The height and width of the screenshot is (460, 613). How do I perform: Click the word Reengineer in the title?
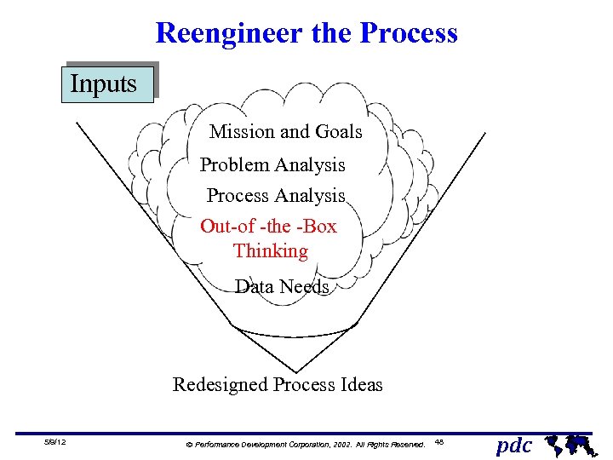pyautogui.click(x=224, y=33)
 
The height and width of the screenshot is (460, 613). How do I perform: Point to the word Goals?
pyautogui.click(x=339, y=132)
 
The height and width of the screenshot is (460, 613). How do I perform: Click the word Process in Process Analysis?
pyautogui.click(x=238, y=196)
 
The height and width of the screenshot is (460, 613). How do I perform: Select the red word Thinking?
pyautogui.click(x=270, y=251)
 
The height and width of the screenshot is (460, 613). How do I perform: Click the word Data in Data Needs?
pyautogui.click(x=254, y=287)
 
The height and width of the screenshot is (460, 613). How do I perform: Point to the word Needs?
pyautogui.click(x=305, y=287)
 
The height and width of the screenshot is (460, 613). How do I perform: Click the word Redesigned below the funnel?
pyautogui.click(x=221, y=385)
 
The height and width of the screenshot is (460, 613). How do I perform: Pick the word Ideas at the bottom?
pyautogui.click(x=361, y=385)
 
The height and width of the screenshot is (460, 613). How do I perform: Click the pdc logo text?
pyautogui.click(x=513, y=445)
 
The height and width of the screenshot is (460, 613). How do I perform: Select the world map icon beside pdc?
pyautogui.click(x=568, y=443)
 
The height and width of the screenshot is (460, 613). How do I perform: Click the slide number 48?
pyautogui.click(x=439, y=441)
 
